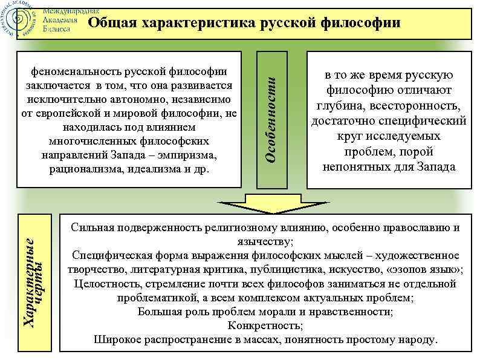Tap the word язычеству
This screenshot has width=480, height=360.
coord(265,242)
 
